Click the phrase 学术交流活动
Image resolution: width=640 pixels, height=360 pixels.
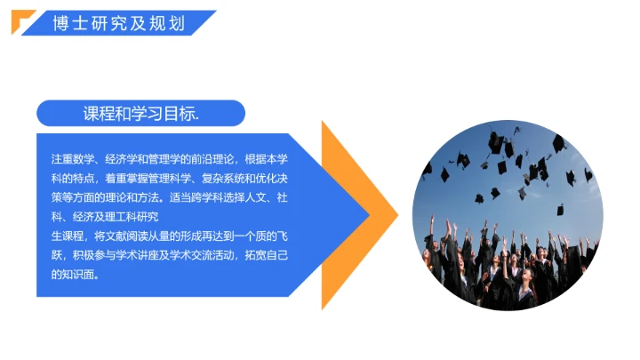point(218,256)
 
